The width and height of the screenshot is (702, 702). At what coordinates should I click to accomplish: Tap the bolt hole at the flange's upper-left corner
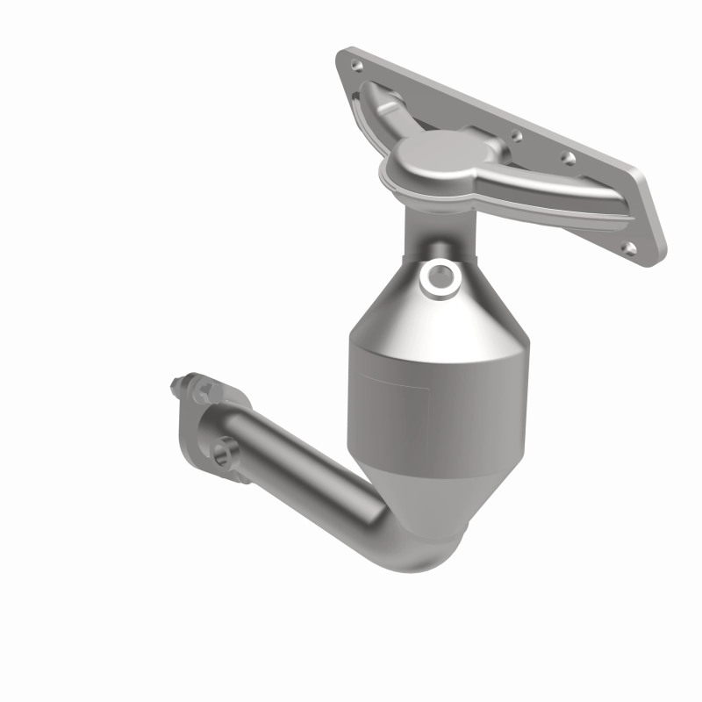click(x=355, y=65)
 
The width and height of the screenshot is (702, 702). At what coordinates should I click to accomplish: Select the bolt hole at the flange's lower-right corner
click(x=627, y=247)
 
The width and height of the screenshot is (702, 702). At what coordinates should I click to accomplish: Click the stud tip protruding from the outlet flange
click(x=173, y=383)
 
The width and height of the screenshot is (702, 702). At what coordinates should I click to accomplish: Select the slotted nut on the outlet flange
click(x=195, y=389)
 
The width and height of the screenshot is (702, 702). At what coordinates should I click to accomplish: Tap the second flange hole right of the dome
click(x=568, y=159)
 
